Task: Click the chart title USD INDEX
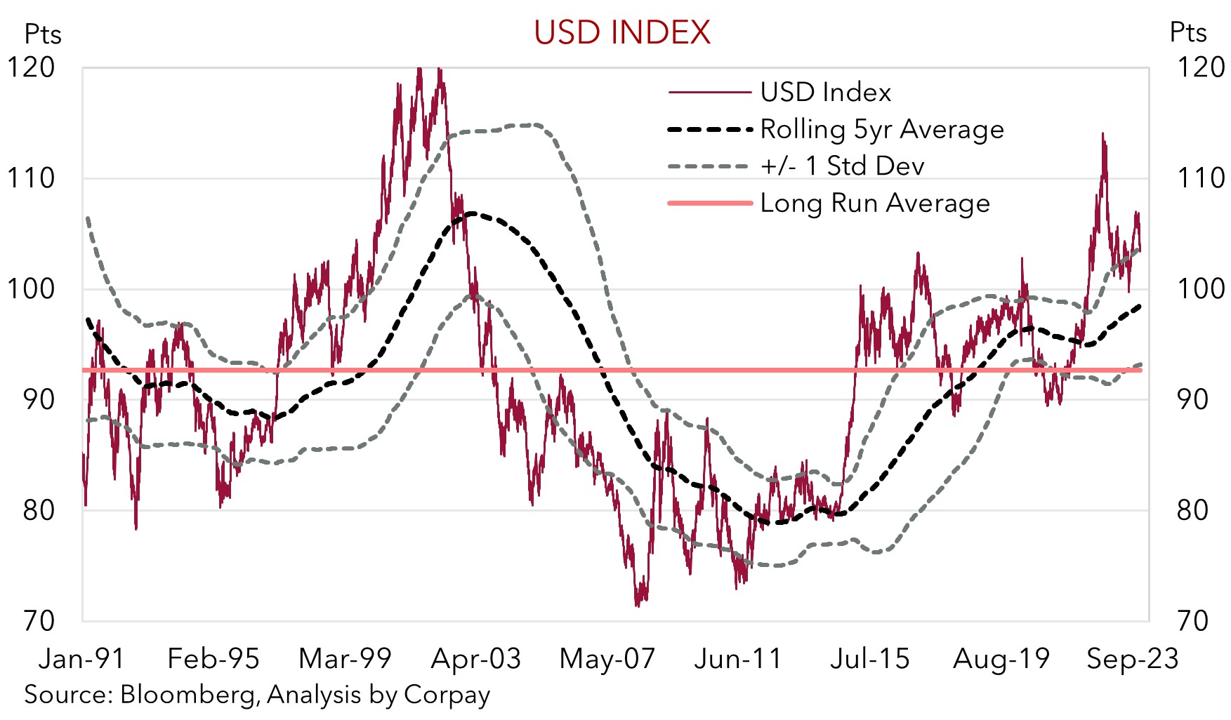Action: pyautogui.click(x=622, y=32)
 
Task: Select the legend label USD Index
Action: pyautogui.click(x=825, y=92)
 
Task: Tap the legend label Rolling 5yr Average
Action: pyautogui.click(x=882, y=129)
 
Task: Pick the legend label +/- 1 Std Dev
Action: pyautogui.click(x=842, y=166)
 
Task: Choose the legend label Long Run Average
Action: pyautogui.click(x=875, y=203)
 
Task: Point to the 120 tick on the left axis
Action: pyautogui.click(x=31, y=67)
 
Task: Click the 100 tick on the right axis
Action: pyautogui.click(x=1200, y=288)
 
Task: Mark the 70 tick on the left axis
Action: pyautogui.click(x=38, y=620)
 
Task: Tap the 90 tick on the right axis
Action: pyautogui.click(x=1192, y=399)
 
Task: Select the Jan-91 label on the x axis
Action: pyautogui.click(x=81, y=658)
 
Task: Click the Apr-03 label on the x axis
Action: pyautogui.click(x=476, y=658)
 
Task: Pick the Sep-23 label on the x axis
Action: pyautogui.click(x=1132, y=658)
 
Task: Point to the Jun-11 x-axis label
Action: pyautogui.click(x=738, y=658)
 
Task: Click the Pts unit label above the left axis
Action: pyautogui.click(x=43, y=34)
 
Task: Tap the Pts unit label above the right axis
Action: pyautogui.click(x=1187, y=32)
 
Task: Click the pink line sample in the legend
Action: pyautogui.click(x=709, y=203)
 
